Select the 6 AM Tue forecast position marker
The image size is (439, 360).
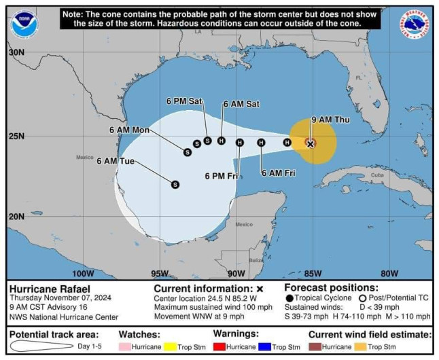(x=175, y=184)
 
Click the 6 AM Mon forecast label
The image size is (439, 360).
(x=129, y=130)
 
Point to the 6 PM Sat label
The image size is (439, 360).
(x=184, y=101)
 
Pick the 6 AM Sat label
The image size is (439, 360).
(x=241, y=104)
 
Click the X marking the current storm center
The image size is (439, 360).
(x=310, y=143)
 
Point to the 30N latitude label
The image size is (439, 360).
(x=16, y=52)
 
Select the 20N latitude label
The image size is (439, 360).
(x=16, y=216)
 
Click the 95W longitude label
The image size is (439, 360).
(x=160, y=274)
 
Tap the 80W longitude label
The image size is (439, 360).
(x=389, y=274)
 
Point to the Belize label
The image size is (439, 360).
(x=256, y=259)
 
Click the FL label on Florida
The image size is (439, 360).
(x=358, y=78)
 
